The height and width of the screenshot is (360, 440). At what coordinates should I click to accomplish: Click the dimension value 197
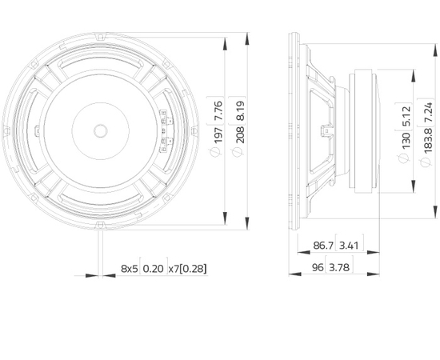218,134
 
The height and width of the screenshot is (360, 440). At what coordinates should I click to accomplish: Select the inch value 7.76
218,110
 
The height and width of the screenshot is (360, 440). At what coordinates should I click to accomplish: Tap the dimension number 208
240,134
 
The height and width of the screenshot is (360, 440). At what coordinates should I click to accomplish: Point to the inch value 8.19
240,110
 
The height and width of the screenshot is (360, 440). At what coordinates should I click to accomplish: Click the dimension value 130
406,141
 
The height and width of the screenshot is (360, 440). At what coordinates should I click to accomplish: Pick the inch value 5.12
406,116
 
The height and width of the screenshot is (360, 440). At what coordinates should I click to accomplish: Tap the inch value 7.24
428,112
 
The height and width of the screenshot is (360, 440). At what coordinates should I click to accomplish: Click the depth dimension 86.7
323,246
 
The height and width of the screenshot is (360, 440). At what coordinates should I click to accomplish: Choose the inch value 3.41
349,246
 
